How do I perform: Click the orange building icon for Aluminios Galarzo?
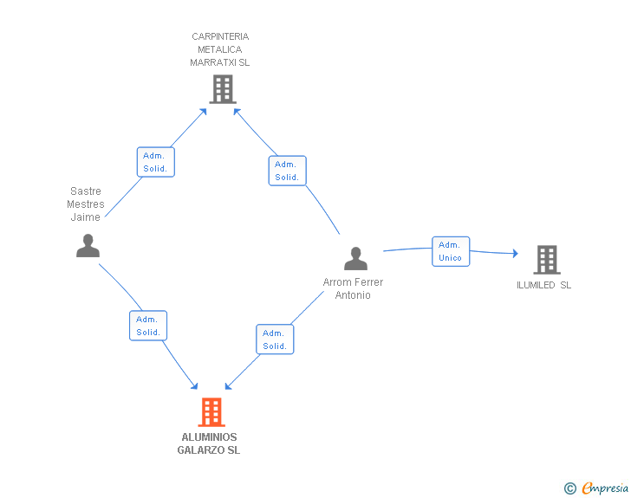(211, 412)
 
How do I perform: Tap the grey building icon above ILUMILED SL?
(547, 260)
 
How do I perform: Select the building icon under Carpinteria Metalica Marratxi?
(223, 89)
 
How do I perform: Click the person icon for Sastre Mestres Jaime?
(88, 245)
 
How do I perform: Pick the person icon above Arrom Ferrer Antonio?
(355, 258)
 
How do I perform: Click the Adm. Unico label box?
(451, 251)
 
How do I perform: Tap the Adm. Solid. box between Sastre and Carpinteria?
(156, 162)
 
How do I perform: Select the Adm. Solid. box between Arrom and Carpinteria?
(288, 171)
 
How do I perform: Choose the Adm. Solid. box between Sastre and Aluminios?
(148, 326)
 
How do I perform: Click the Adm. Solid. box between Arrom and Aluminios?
(275, 340)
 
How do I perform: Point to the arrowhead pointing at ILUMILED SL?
(516, 253)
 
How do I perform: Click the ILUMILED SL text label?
(543, 285)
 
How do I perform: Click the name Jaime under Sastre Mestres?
(85, 217)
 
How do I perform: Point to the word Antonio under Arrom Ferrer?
(353, 295)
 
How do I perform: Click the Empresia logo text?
(605, 488)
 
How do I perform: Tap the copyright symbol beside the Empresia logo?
(570, 488)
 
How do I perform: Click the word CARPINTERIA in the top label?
(220, 36)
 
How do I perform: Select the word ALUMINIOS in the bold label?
(209, 437)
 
